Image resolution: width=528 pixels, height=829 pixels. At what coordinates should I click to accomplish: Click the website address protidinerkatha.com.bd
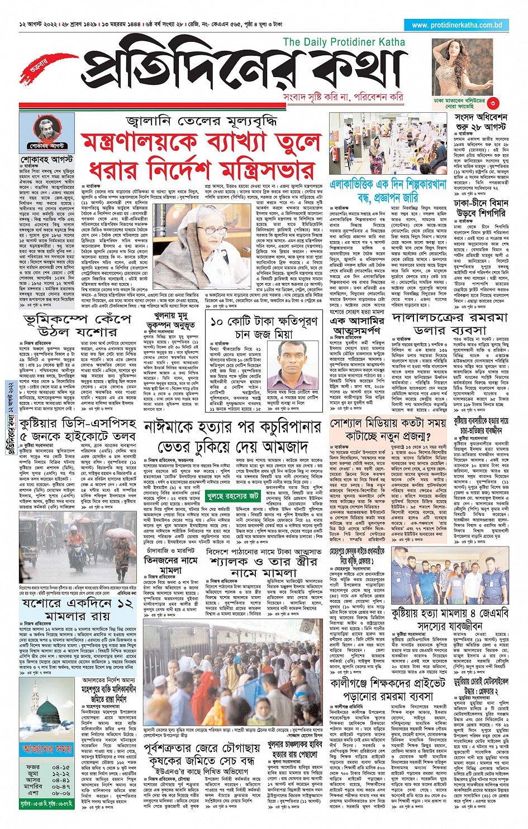coord(456,25)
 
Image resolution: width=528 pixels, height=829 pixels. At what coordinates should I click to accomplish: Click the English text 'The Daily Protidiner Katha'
coord(344,42)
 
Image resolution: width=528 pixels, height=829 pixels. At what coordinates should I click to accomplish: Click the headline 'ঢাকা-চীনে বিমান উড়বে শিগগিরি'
coord(481,208)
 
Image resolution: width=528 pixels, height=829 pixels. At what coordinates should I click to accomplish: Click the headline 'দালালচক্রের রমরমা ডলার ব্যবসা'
coord(450,324)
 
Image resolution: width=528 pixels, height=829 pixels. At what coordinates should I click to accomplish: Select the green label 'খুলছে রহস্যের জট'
coord(232,480)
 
